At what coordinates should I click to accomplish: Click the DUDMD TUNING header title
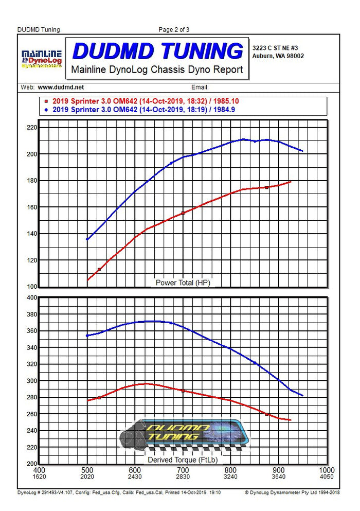click(x=157, y=51)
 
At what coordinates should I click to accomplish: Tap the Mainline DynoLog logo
click(x=42, y=59)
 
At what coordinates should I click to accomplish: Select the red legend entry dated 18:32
click(x=143, y=101)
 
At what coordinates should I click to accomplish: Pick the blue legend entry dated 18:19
click(x=143, y=109)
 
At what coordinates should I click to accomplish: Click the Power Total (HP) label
click(x=183, y=283)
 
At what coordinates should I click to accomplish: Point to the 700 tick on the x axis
click(x=183, y=470)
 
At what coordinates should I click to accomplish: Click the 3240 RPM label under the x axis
click(x=230, y=477)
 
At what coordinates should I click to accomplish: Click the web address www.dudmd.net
click(x=61, y=87)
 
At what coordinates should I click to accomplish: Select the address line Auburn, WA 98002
click(x=278, y=56)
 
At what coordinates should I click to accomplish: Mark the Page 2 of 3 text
click(x=174, y=30)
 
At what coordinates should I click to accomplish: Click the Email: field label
click(x=200, y=87)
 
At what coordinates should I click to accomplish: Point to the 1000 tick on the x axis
click(x=327, y=470)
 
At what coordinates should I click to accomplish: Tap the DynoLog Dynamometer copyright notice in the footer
click(x=292, y=492)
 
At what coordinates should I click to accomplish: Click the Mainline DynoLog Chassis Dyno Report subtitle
click(x=157, y=69)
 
